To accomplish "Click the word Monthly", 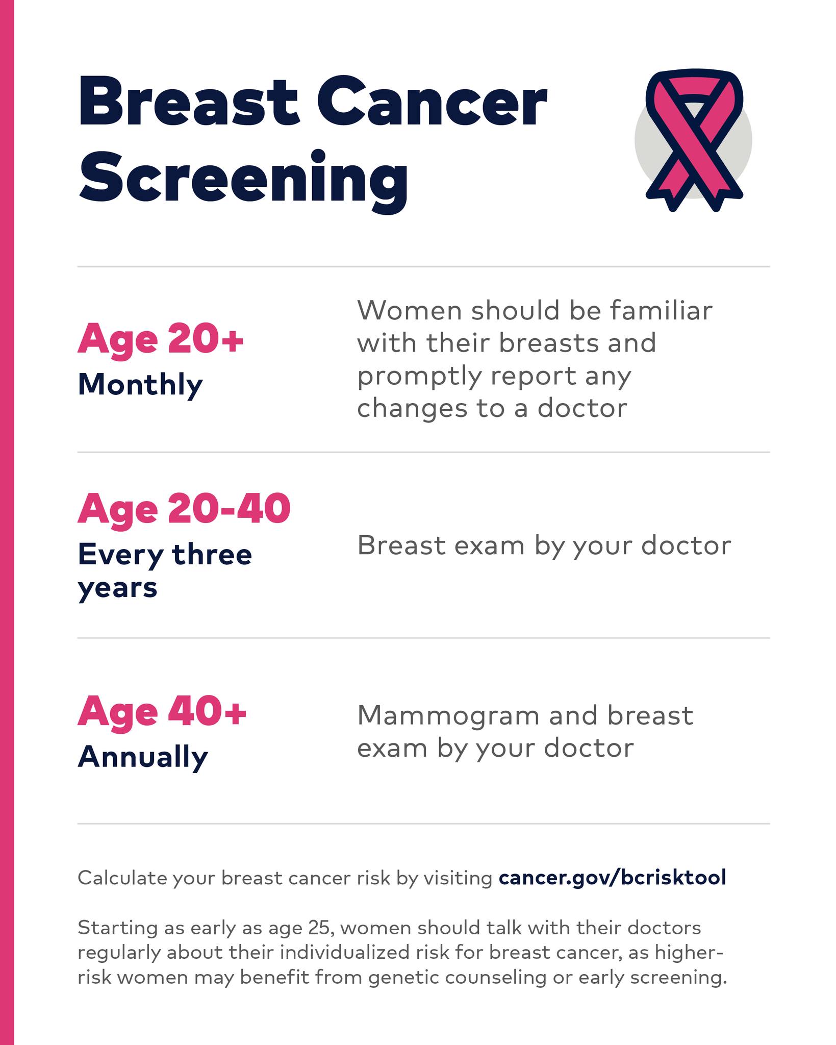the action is tap(140, 386).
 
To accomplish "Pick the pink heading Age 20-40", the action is tap(184, 509).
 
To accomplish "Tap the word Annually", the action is tap(143, 758).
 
